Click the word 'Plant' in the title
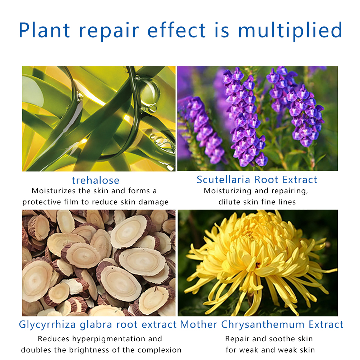click(x=44, y=30)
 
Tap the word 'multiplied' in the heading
click(x=290, y=31)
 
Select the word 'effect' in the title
click(x=176, y=30)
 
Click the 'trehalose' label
click(x=96, y=180)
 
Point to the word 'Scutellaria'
click(x=223, y=180)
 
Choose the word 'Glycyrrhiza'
click(x=47, y=325)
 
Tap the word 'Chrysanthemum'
click(x=263, y=324)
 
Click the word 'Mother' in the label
click(x=199, y=324)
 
